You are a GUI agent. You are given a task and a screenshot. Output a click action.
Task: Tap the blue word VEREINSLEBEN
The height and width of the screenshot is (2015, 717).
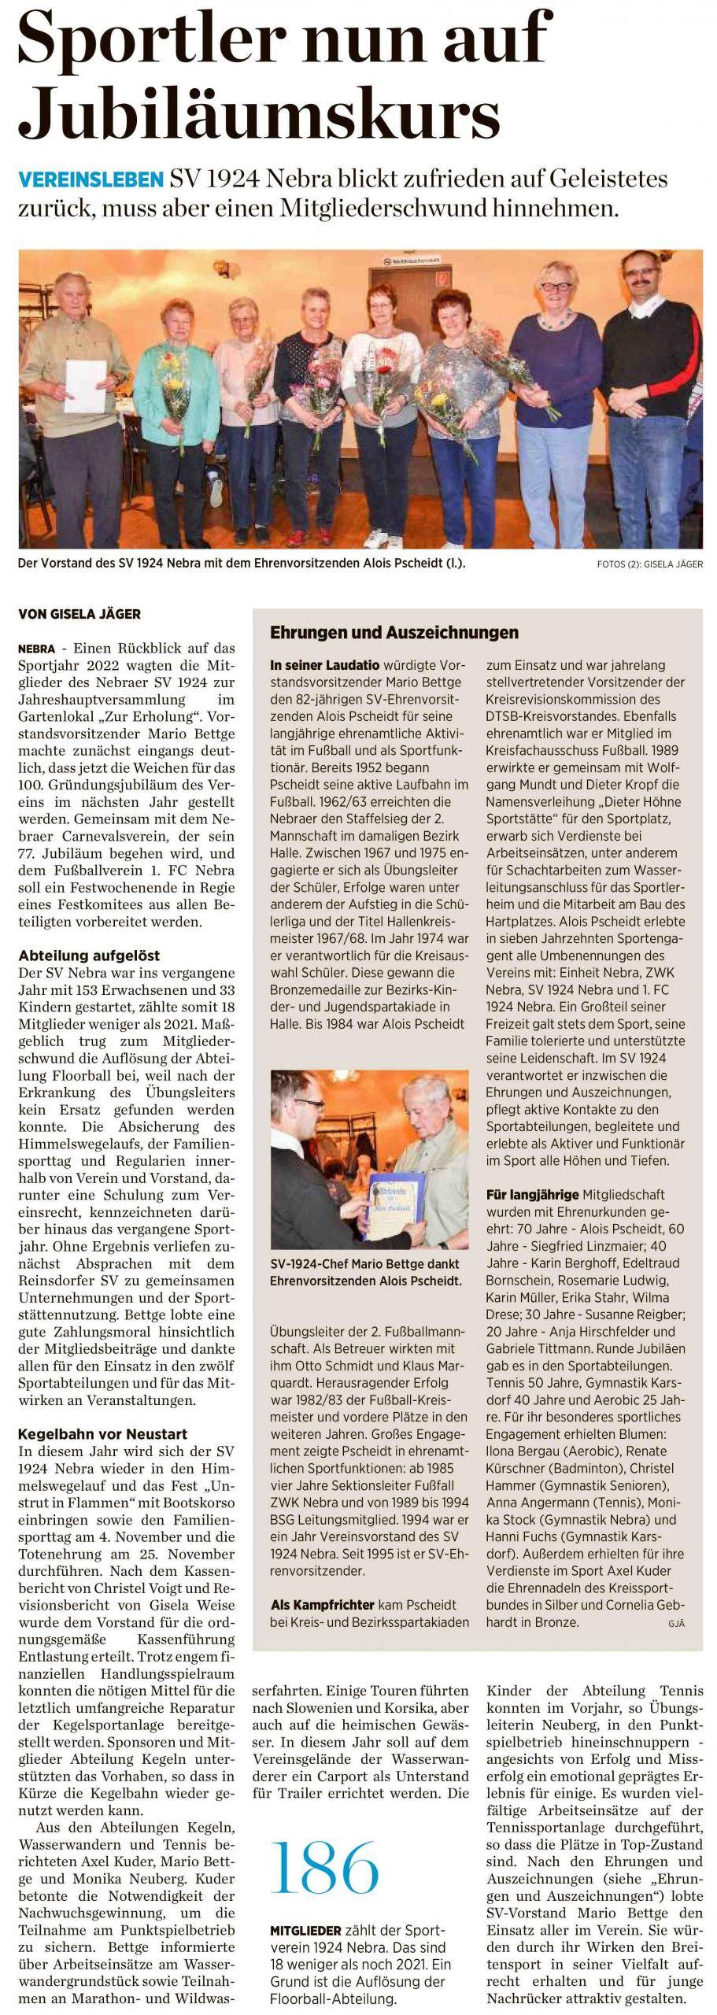90,180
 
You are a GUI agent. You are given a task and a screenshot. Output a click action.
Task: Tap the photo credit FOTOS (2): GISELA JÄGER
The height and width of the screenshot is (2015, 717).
650,564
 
